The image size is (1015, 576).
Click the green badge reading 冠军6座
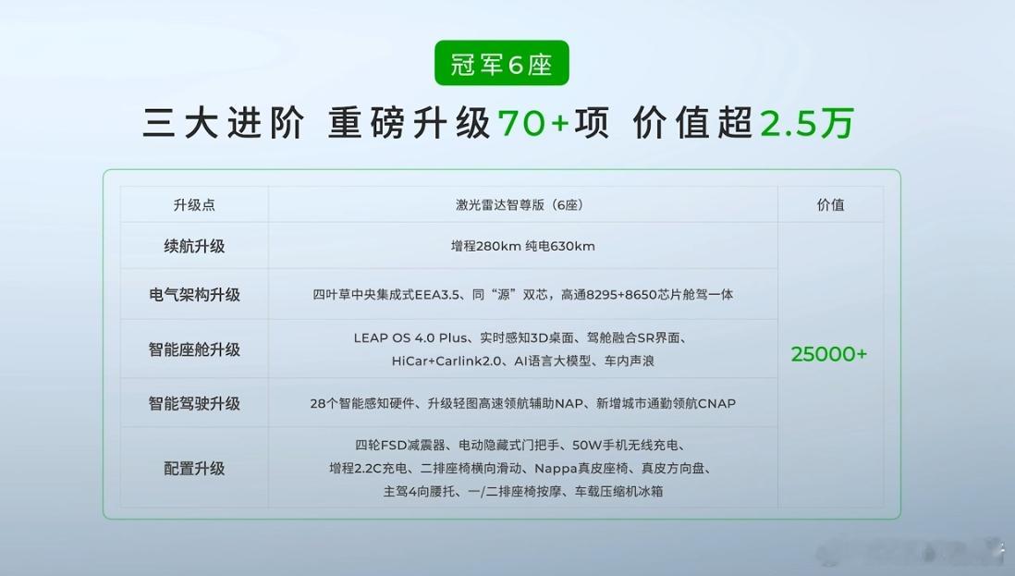click(x=502, y=63)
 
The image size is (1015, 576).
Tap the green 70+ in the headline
click(x=533, y=122)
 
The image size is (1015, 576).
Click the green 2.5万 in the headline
click(x=807, y=122)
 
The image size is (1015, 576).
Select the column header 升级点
click(x=194, y=205)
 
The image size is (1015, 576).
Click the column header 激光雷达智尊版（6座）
click(x=522, y=205)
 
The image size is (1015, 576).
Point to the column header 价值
click(x=830, y=205)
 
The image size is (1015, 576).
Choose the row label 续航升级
click(x=194, y=246)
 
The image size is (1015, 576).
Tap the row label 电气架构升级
click(x=194, y=294)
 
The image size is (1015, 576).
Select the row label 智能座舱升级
click(x=194, y=349)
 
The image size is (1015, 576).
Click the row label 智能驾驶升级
click(x=194, y=403)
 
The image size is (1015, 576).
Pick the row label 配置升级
click(x=194, y=468)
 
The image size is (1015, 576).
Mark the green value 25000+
click(x=828, y=354)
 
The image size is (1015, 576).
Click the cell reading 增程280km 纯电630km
click(x=523, y=246)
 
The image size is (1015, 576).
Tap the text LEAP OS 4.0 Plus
click(x=410, y=337)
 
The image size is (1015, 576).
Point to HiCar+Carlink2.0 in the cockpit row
click(x=446, y=362)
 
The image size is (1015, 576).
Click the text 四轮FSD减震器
click(x=400, y=446)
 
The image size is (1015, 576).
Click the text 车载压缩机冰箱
click(x=618, y=491)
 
